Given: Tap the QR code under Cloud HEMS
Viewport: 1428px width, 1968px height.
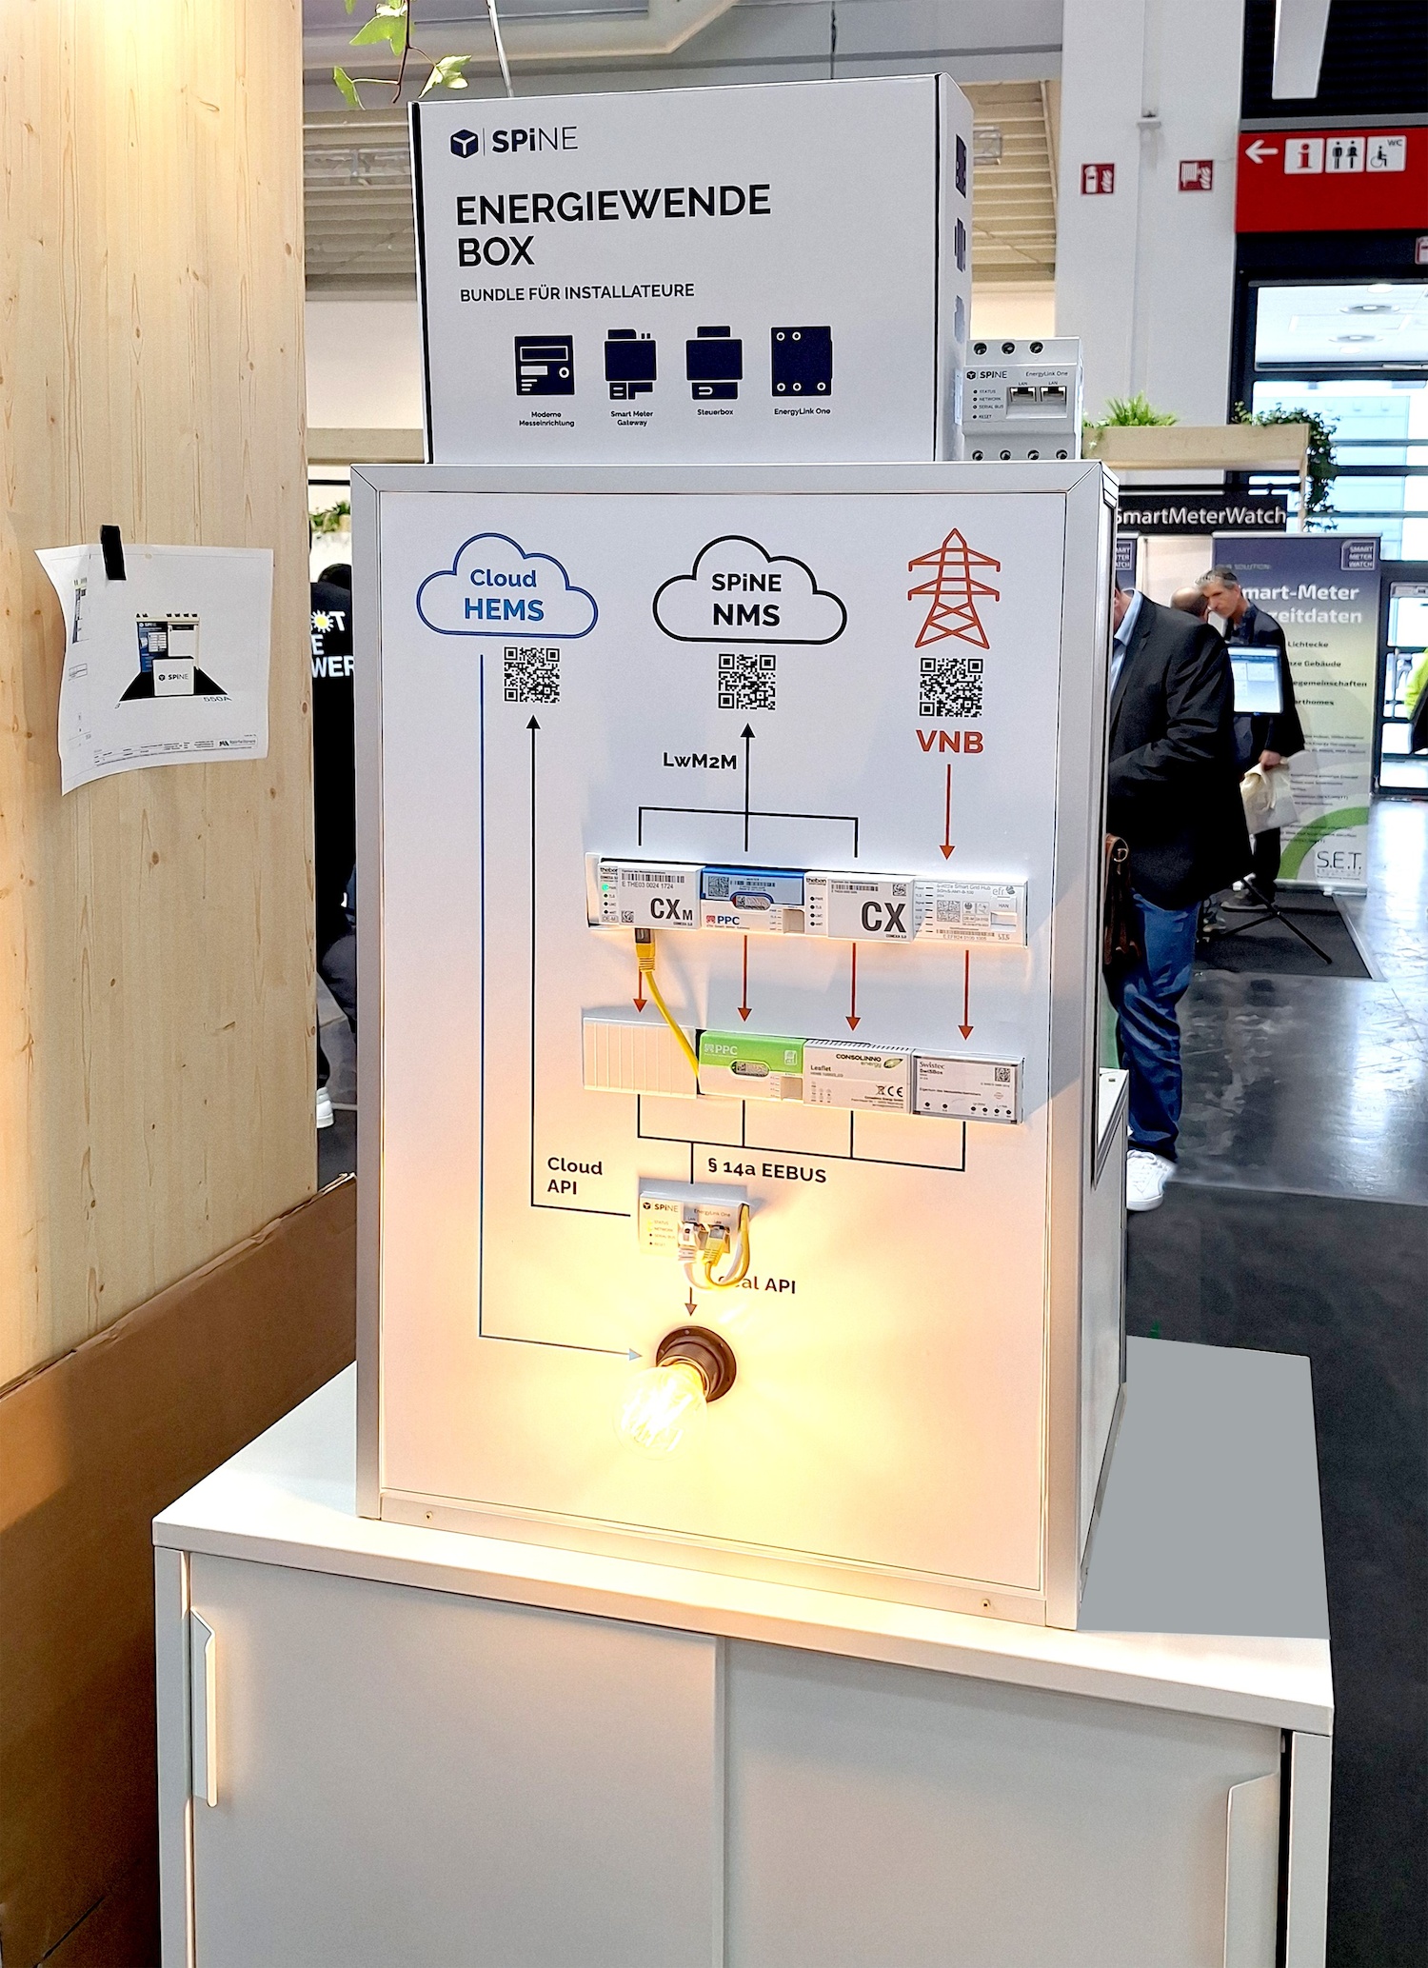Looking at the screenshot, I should click(531, 675).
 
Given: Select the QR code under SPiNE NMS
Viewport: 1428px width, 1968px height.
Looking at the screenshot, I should click(746, 682).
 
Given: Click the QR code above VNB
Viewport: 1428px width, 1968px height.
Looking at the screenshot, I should click(950, 686).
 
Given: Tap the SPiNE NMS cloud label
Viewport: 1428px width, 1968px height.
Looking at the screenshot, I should click(747, 598).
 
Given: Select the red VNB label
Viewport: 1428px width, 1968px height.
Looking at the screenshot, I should click(949, 742).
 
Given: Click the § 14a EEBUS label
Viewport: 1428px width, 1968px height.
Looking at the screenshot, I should click(767, 1170).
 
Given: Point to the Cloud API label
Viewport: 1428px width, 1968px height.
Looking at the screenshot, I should click(574, 1176).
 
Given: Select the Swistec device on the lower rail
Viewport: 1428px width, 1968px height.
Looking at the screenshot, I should click(966, 1085).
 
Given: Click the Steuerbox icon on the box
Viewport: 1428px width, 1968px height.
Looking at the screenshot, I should click(714, 365).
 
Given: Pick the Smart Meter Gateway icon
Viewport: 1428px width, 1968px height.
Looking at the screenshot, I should click(630, 366).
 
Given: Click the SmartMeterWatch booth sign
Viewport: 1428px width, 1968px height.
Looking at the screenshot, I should click(1200, 516).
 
